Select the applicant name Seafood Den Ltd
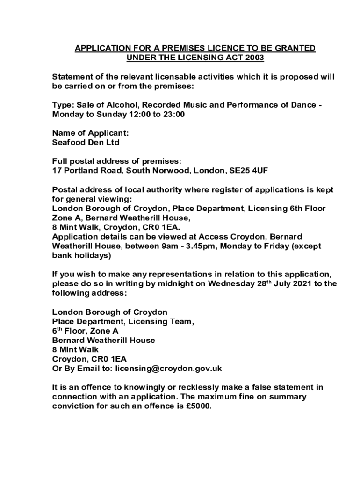point(86,142)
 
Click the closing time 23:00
point(174,114)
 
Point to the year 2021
point(302,283)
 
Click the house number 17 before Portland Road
point(57,171)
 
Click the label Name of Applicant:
point(90,133)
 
